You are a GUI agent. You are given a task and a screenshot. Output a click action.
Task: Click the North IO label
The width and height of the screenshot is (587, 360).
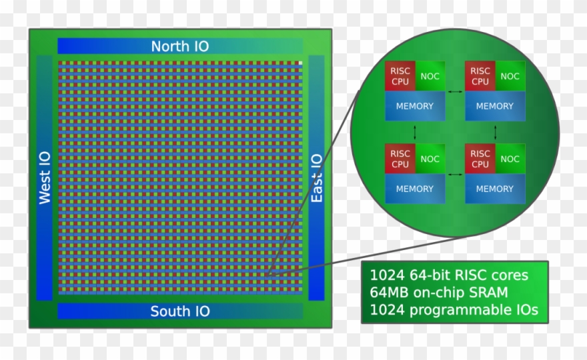[179, 46]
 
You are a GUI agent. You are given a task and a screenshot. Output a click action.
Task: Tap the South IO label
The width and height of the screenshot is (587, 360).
[179, 311]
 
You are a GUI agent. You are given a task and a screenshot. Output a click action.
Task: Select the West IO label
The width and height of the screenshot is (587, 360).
[45, 178]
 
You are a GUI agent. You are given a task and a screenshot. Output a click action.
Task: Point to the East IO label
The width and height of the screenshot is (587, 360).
[317, 178]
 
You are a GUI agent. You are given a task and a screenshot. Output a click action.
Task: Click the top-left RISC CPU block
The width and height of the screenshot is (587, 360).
[400, 76]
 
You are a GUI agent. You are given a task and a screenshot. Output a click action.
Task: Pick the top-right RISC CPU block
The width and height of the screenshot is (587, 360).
[480, 76]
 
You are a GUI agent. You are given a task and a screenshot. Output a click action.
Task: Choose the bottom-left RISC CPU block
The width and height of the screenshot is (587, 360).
[400, 159]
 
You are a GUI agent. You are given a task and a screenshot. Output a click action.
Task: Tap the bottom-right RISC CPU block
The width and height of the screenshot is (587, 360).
[480, 159]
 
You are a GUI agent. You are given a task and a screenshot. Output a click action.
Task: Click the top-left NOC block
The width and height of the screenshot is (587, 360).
[430, 76]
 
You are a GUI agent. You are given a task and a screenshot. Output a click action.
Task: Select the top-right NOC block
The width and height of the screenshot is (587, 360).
[510, 76]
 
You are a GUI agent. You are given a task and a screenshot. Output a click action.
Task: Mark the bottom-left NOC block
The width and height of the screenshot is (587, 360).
[430, 159]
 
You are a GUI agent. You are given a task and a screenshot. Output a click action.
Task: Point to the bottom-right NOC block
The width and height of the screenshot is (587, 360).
[510, 159]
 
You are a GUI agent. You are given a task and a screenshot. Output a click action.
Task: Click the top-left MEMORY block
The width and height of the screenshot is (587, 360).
[415, 106]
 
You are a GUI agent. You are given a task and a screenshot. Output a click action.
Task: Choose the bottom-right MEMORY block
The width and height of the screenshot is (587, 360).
[495, 189]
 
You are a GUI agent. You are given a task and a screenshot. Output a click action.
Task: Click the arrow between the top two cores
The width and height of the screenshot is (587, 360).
[455, 91]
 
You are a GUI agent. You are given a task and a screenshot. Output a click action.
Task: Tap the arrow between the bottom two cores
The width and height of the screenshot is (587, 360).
[455, 175]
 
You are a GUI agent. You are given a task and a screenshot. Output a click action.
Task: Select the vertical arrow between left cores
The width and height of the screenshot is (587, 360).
[415, 132]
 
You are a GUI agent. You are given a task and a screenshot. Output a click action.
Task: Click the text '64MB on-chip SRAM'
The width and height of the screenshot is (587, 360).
[439, 293]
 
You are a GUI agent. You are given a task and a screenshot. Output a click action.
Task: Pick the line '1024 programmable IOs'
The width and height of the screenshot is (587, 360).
[454, 310]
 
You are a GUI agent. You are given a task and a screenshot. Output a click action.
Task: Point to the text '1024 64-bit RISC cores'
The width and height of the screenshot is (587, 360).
[449, 275]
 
